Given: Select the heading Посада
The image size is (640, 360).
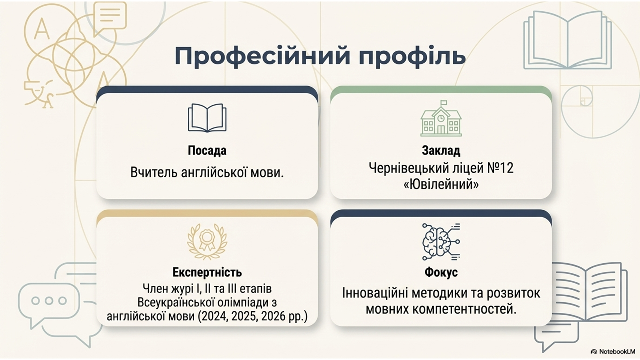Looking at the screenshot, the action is (207, 151).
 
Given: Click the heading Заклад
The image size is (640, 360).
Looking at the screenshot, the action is (441, 151).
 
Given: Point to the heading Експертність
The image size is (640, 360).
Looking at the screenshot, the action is (207, 272).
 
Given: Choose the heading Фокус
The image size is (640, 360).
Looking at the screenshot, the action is (441, 272).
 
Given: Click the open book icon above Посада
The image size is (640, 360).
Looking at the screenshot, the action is (207, 118).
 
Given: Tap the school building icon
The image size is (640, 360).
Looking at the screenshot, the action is (441, 118).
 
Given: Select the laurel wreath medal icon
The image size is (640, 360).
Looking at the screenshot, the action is (207, 242).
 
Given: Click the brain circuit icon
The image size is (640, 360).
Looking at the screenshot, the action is (441, 242).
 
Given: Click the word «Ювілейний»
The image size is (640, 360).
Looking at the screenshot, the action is (441, 184).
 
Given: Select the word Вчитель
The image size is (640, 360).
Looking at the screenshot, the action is (154, 172).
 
